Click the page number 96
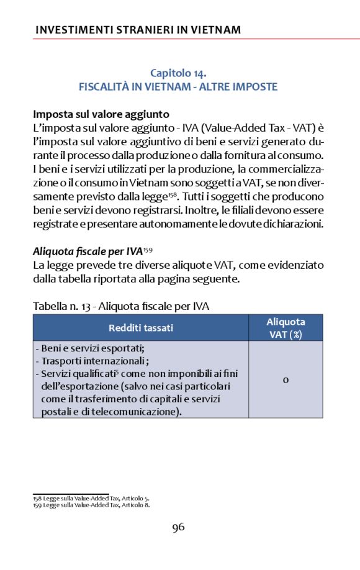click(x=179, y=527)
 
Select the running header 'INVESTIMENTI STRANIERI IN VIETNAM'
click(x=138, y=29)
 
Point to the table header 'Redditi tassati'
click(x=141, y=327)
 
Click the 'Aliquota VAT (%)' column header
click(x=286, y=327)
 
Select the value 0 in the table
click(x=286, y=379)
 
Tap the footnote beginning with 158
click(x=91, y=498)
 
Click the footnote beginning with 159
click(x=91, y=505)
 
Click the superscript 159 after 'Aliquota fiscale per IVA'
click(x=148, y=250)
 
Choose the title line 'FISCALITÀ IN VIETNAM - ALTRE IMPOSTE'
click(x=178, y=87)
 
